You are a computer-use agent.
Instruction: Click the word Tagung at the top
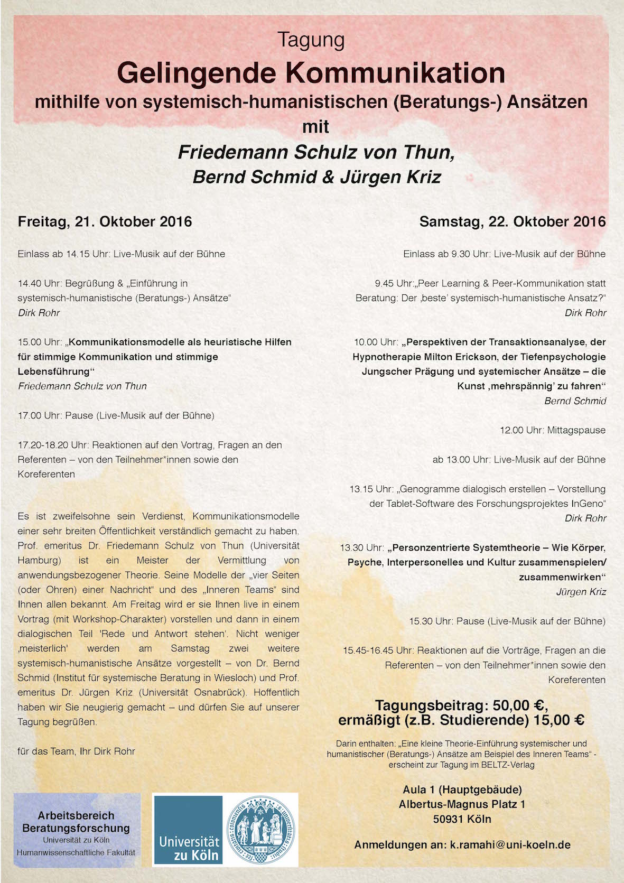[x=311, y=40]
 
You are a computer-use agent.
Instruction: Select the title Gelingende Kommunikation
[x=311, y=73]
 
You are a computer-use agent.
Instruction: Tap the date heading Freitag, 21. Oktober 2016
[x=105, y=221]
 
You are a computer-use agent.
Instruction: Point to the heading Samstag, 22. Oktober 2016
[x=513, y=221]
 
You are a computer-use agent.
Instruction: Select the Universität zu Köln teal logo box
[x=188, y=830]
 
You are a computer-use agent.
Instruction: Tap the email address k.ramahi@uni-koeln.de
[x=510, y=844]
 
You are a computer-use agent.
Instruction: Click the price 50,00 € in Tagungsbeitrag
[x=520, y=705]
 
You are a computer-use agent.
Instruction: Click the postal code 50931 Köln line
[x=462, y=819]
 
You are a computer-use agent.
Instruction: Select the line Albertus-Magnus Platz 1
[x=462, y=804]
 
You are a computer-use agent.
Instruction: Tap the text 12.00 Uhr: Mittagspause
[x=553, y=430]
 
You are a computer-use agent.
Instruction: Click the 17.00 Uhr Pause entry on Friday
[x=116, y=415]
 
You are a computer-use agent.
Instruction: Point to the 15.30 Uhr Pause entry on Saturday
[x=507, y=621]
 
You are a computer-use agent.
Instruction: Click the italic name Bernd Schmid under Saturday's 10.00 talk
[x=575, y=401]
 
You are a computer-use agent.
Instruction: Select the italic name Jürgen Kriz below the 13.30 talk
[x=581, y=592]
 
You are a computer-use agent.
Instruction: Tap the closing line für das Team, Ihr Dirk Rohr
[x=77, y=751]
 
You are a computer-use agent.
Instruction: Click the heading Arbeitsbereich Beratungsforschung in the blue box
[x=76, y=822]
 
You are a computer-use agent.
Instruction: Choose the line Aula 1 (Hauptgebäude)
[x=462, y=789]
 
